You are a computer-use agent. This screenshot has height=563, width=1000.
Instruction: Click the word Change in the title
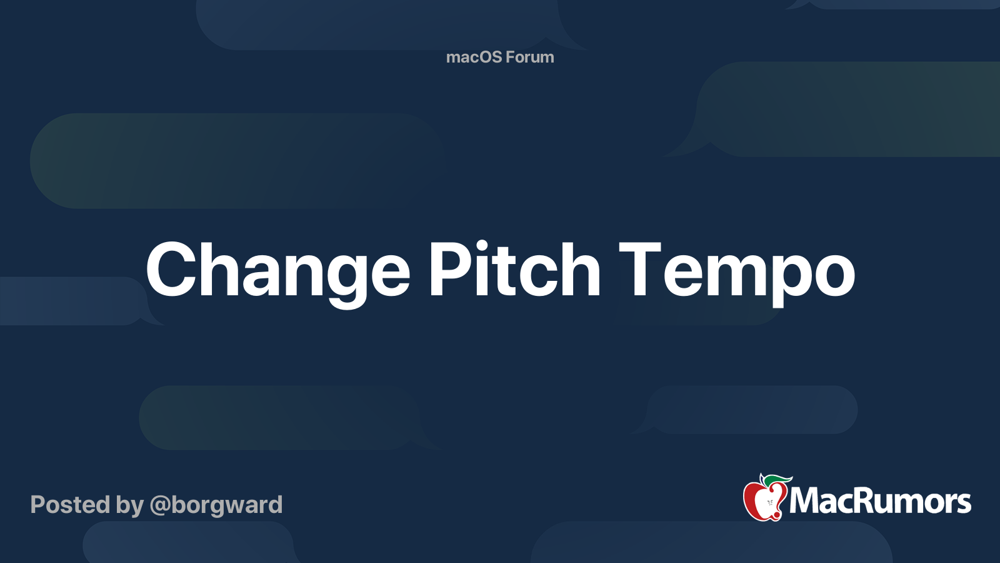(x=278, y=270)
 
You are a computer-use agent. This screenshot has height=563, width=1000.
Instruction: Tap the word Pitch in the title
(x=514, y=270)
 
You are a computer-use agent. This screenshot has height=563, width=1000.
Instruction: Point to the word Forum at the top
(x=530, y=57)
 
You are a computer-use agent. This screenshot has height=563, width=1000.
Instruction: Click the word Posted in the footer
(x=71, y=504)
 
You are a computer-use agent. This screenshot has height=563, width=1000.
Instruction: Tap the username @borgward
(x=216, y=504)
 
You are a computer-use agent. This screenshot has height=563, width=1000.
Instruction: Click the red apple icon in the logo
(x=764, y=500)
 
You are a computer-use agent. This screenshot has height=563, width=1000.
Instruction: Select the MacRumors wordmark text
(x=880, y=501)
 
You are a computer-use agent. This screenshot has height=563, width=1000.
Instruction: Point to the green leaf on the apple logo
(x=779, y=479)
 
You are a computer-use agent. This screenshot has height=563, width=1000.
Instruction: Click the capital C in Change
(x=171, y=270)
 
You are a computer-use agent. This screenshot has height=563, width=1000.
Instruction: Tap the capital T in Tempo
(x=639, y=270)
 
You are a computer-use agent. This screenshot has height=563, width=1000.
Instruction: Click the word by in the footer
(x=130, y=505)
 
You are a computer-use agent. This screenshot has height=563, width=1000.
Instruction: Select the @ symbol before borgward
(x=159, y=505)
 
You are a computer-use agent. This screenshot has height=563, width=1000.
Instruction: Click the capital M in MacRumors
(x=803, y=501)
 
